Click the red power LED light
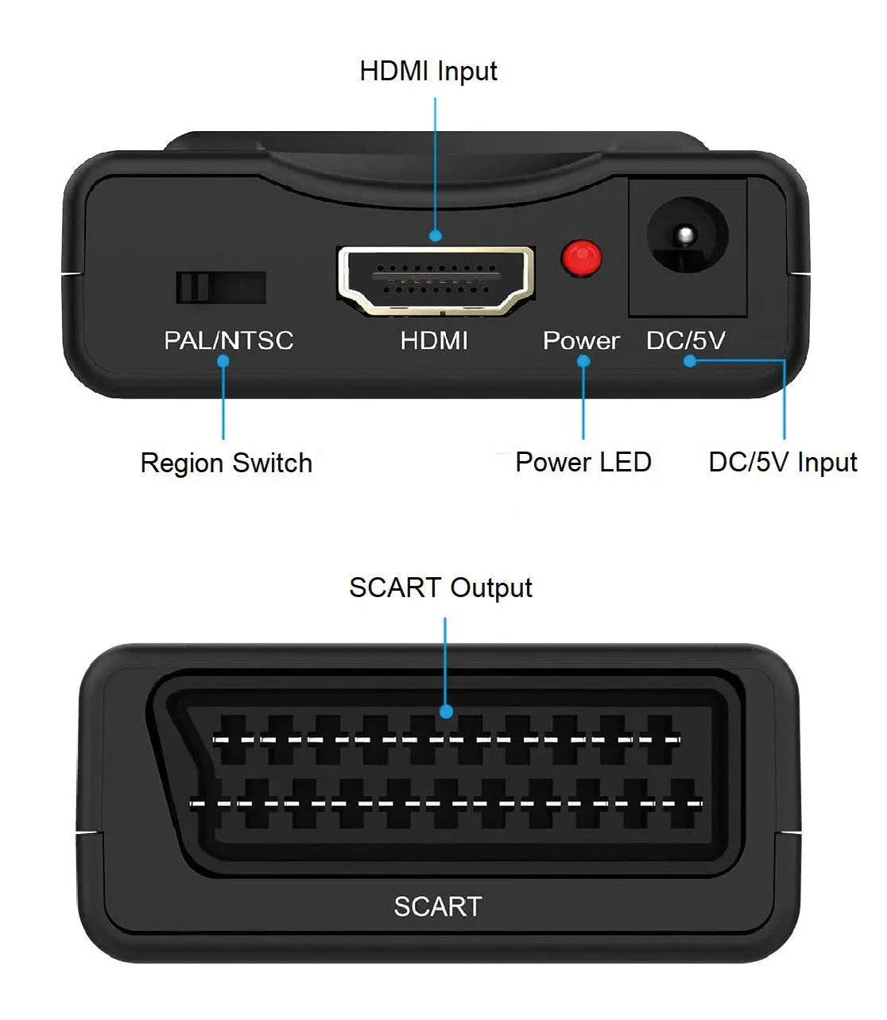click(581, 258)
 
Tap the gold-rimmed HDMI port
click(436, 281)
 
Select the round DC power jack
click(688, 235)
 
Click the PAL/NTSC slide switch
click(221, 288)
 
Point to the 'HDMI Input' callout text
click(428, 72)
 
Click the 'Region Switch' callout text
click(227, 463)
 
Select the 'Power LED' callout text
click(583, 462)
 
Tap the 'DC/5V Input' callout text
click(783, 462)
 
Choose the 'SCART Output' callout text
click(440, 588)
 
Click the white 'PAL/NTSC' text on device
click(229, 341)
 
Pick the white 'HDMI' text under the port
click(434, 341)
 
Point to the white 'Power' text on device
click(581, 341)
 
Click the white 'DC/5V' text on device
click(686, 341)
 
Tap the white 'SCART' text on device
click(437, 907)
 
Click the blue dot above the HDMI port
click(436, 235)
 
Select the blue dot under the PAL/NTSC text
click(223, 361)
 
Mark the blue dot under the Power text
click(583, 361)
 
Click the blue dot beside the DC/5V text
click(690, 361)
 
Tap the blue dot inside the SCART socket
click(447, 712)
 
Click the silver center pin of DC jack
click(685, 235)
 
